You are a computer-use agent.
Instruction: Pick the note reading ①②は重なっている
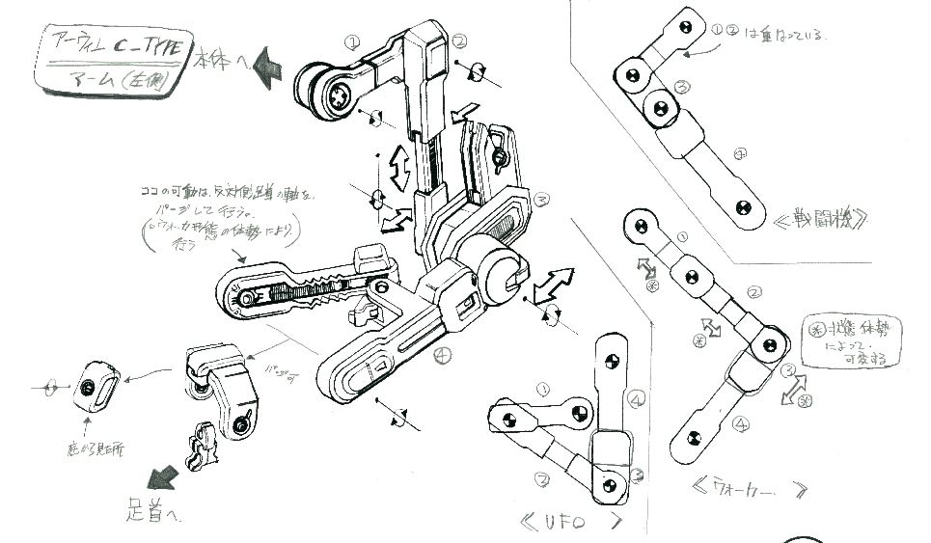[771, 32]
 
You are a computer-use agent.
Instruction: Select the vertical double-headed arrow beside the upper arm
[396, 172]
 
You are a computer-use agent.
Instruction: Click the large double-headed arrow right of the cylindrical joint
[545, 285]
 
